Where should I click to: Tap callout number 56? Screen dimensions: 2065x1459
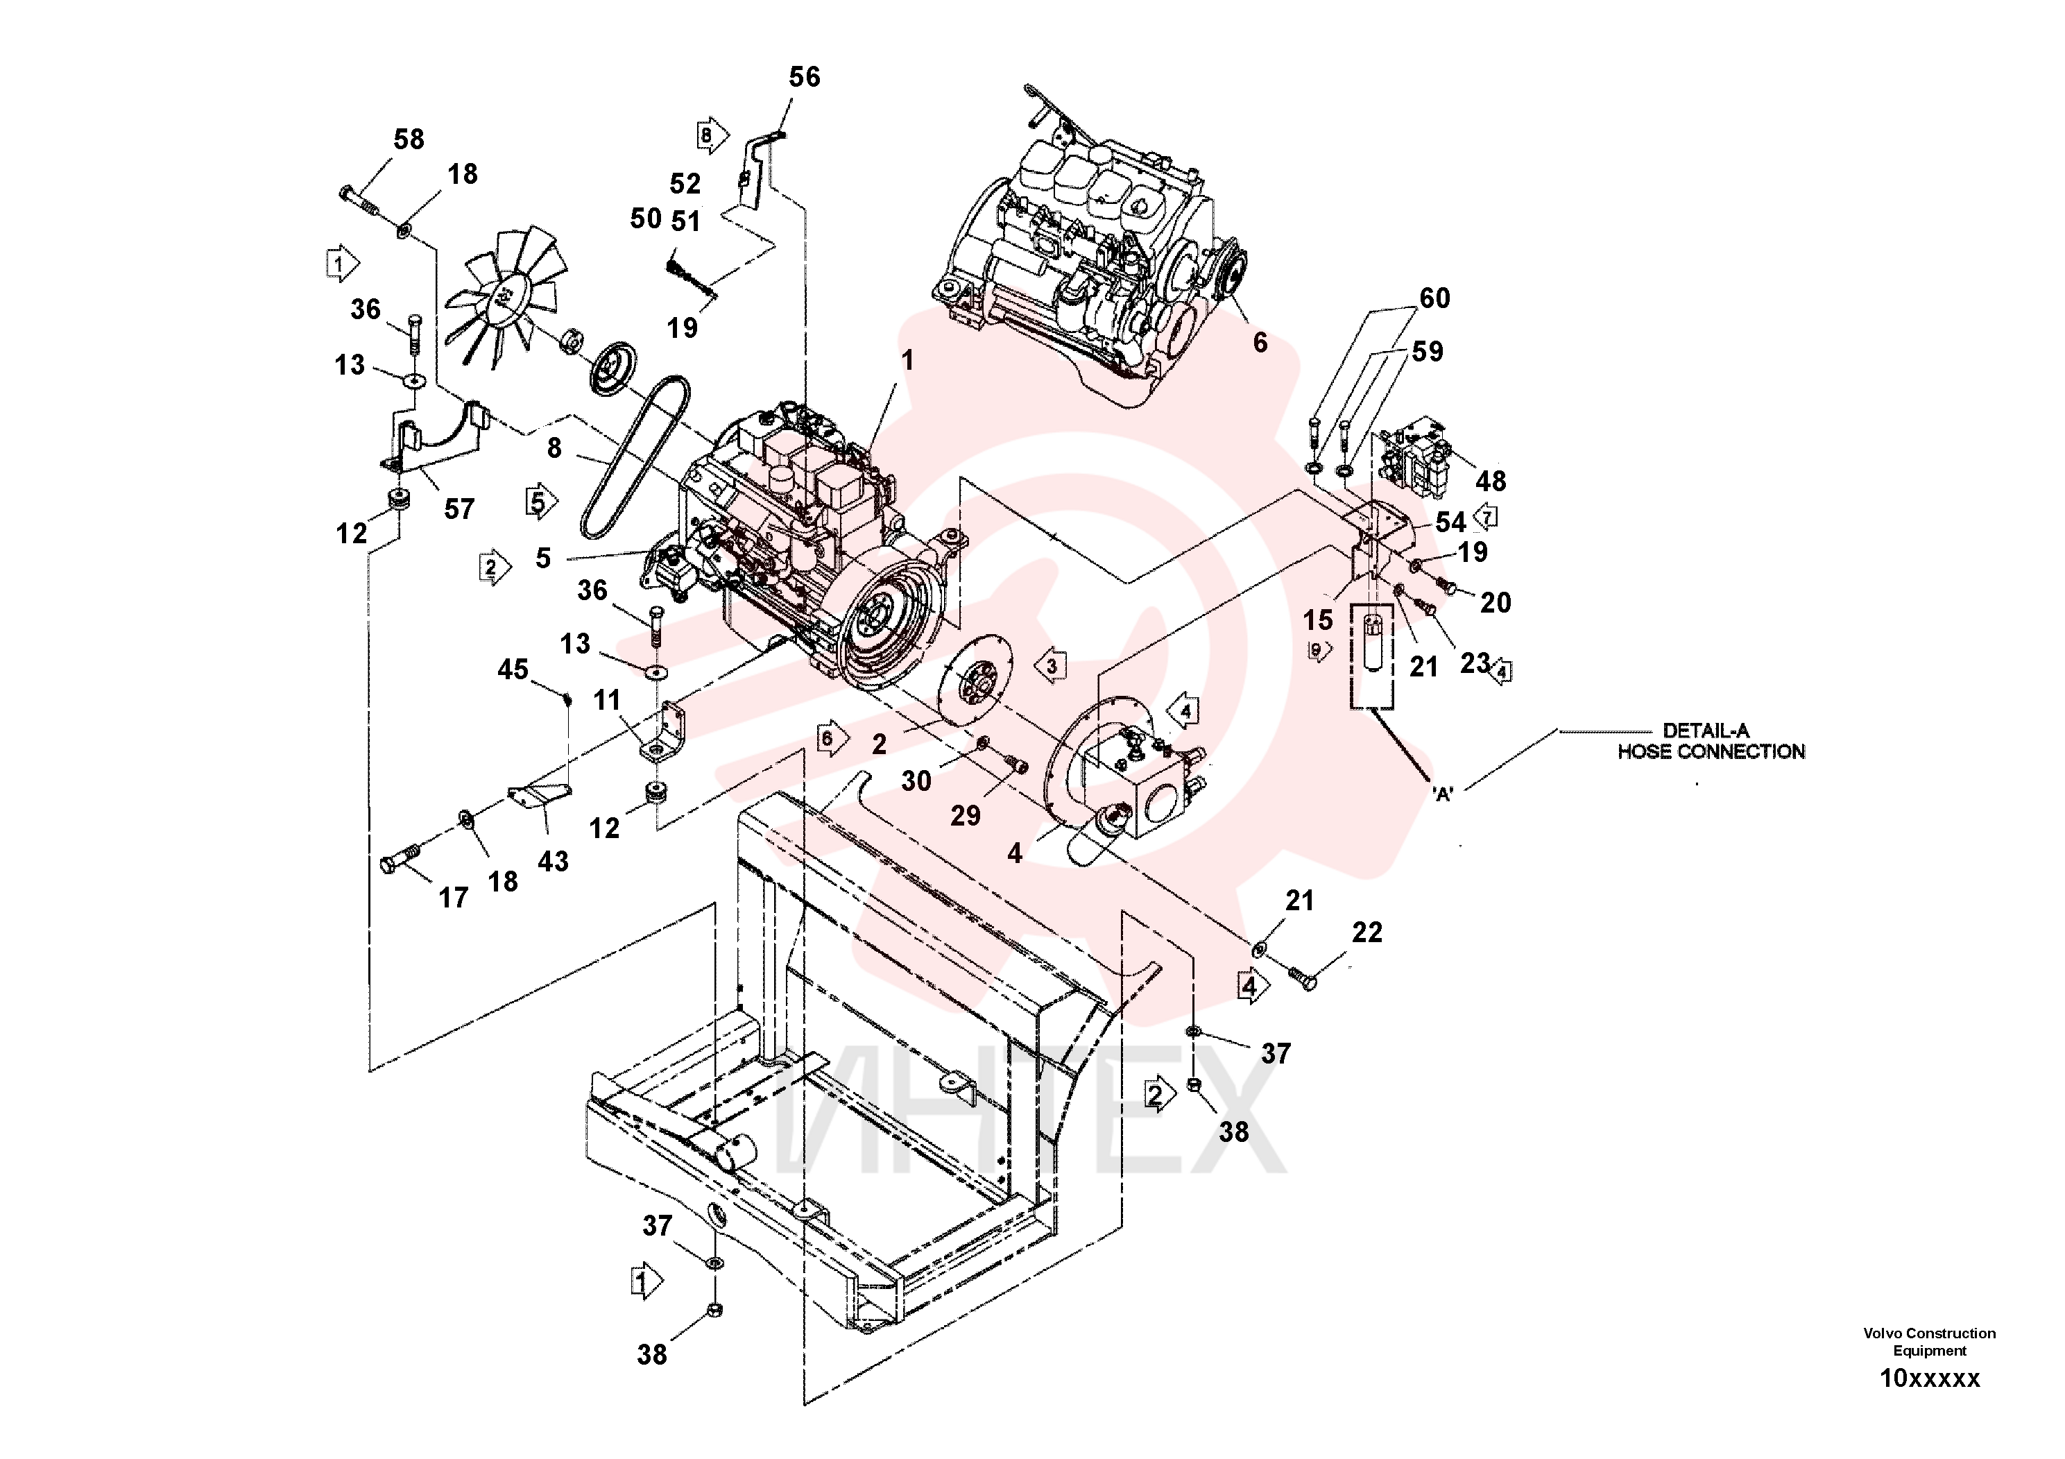click(x=804, y=78)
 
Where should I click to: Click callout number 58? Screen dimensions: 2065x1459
click(x=409, y=139)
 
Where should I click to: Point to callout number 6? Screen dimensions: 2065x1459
click(x=1260, y=343)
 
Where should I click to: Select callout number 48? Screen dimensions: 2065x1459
click(x=1490, y=481)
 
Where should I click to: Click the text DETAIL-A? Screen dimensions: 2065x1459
click(x=1705, y=731)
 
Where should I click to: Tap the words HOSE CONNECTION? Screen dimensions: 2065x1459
click(x=1711, y=752)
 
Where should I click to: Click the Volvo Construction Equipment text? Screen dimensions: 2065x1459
click(x=1929, y=1342)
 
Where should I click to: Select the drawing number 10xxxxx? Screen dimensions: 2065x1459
click(x=1930, y=1379)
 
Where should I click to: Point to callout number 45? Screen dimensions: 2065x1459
click(x=513, y=670)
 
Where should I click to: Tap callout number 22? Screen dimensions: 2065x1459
click(x=1366, y=933)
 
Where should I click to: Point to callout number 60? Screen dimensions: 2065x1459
click(x=1434, y=298)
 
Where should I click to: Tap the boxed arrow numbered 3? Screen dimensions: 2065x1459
click(x=1049, y=667)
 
